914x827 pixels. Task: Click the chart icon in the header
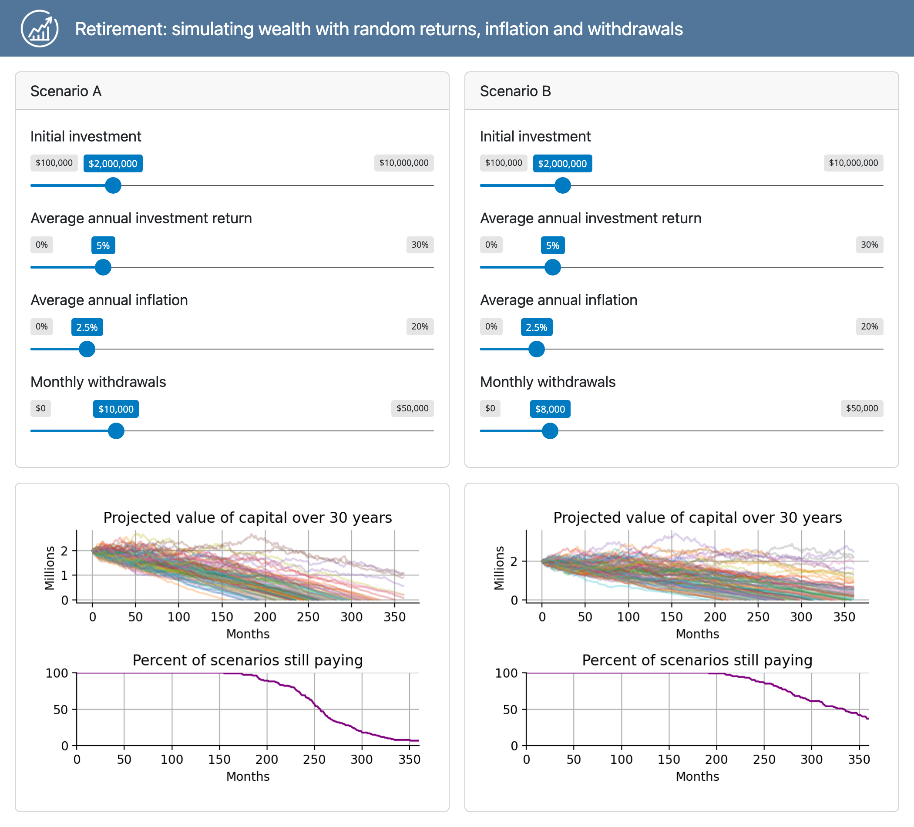tap(40, 29)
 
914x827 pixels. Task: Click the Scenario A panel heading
tap(66, 91)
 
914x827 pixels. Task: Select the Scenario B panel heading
tap(515, 91)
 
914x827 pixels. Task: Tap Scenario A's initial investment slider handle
tap(113, 185)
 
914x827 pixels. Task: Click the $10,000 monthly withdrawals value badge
tap(116, 409)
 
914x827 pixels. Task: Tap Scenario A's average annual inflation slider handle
tap(87, 349)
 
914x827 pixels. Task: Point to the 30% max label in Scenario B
tap(869, 245)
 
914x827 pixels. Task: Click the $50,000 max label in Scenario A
tap(412, 408)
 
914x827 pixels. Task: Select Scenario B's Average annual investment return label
tap(590, 218)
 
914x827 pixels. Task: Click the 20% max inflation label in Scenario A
tap(420, 326)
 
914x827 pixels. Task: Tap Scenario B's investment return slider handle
tap(552, 268)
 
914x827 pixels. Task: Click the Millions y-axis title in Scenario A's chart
tap(50, 568)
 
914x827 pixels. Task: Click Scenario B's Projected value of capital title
tap(697, 518)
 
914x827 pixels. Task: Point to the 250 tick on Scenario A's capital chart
tap(308, 617)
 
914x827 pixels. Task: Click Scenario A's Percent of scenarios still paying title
tap(248, 660)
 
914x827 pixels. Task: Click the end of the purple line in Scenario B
tap(867, 719)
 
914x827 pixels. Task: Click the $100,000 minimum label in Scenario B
tap(503, 163)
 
